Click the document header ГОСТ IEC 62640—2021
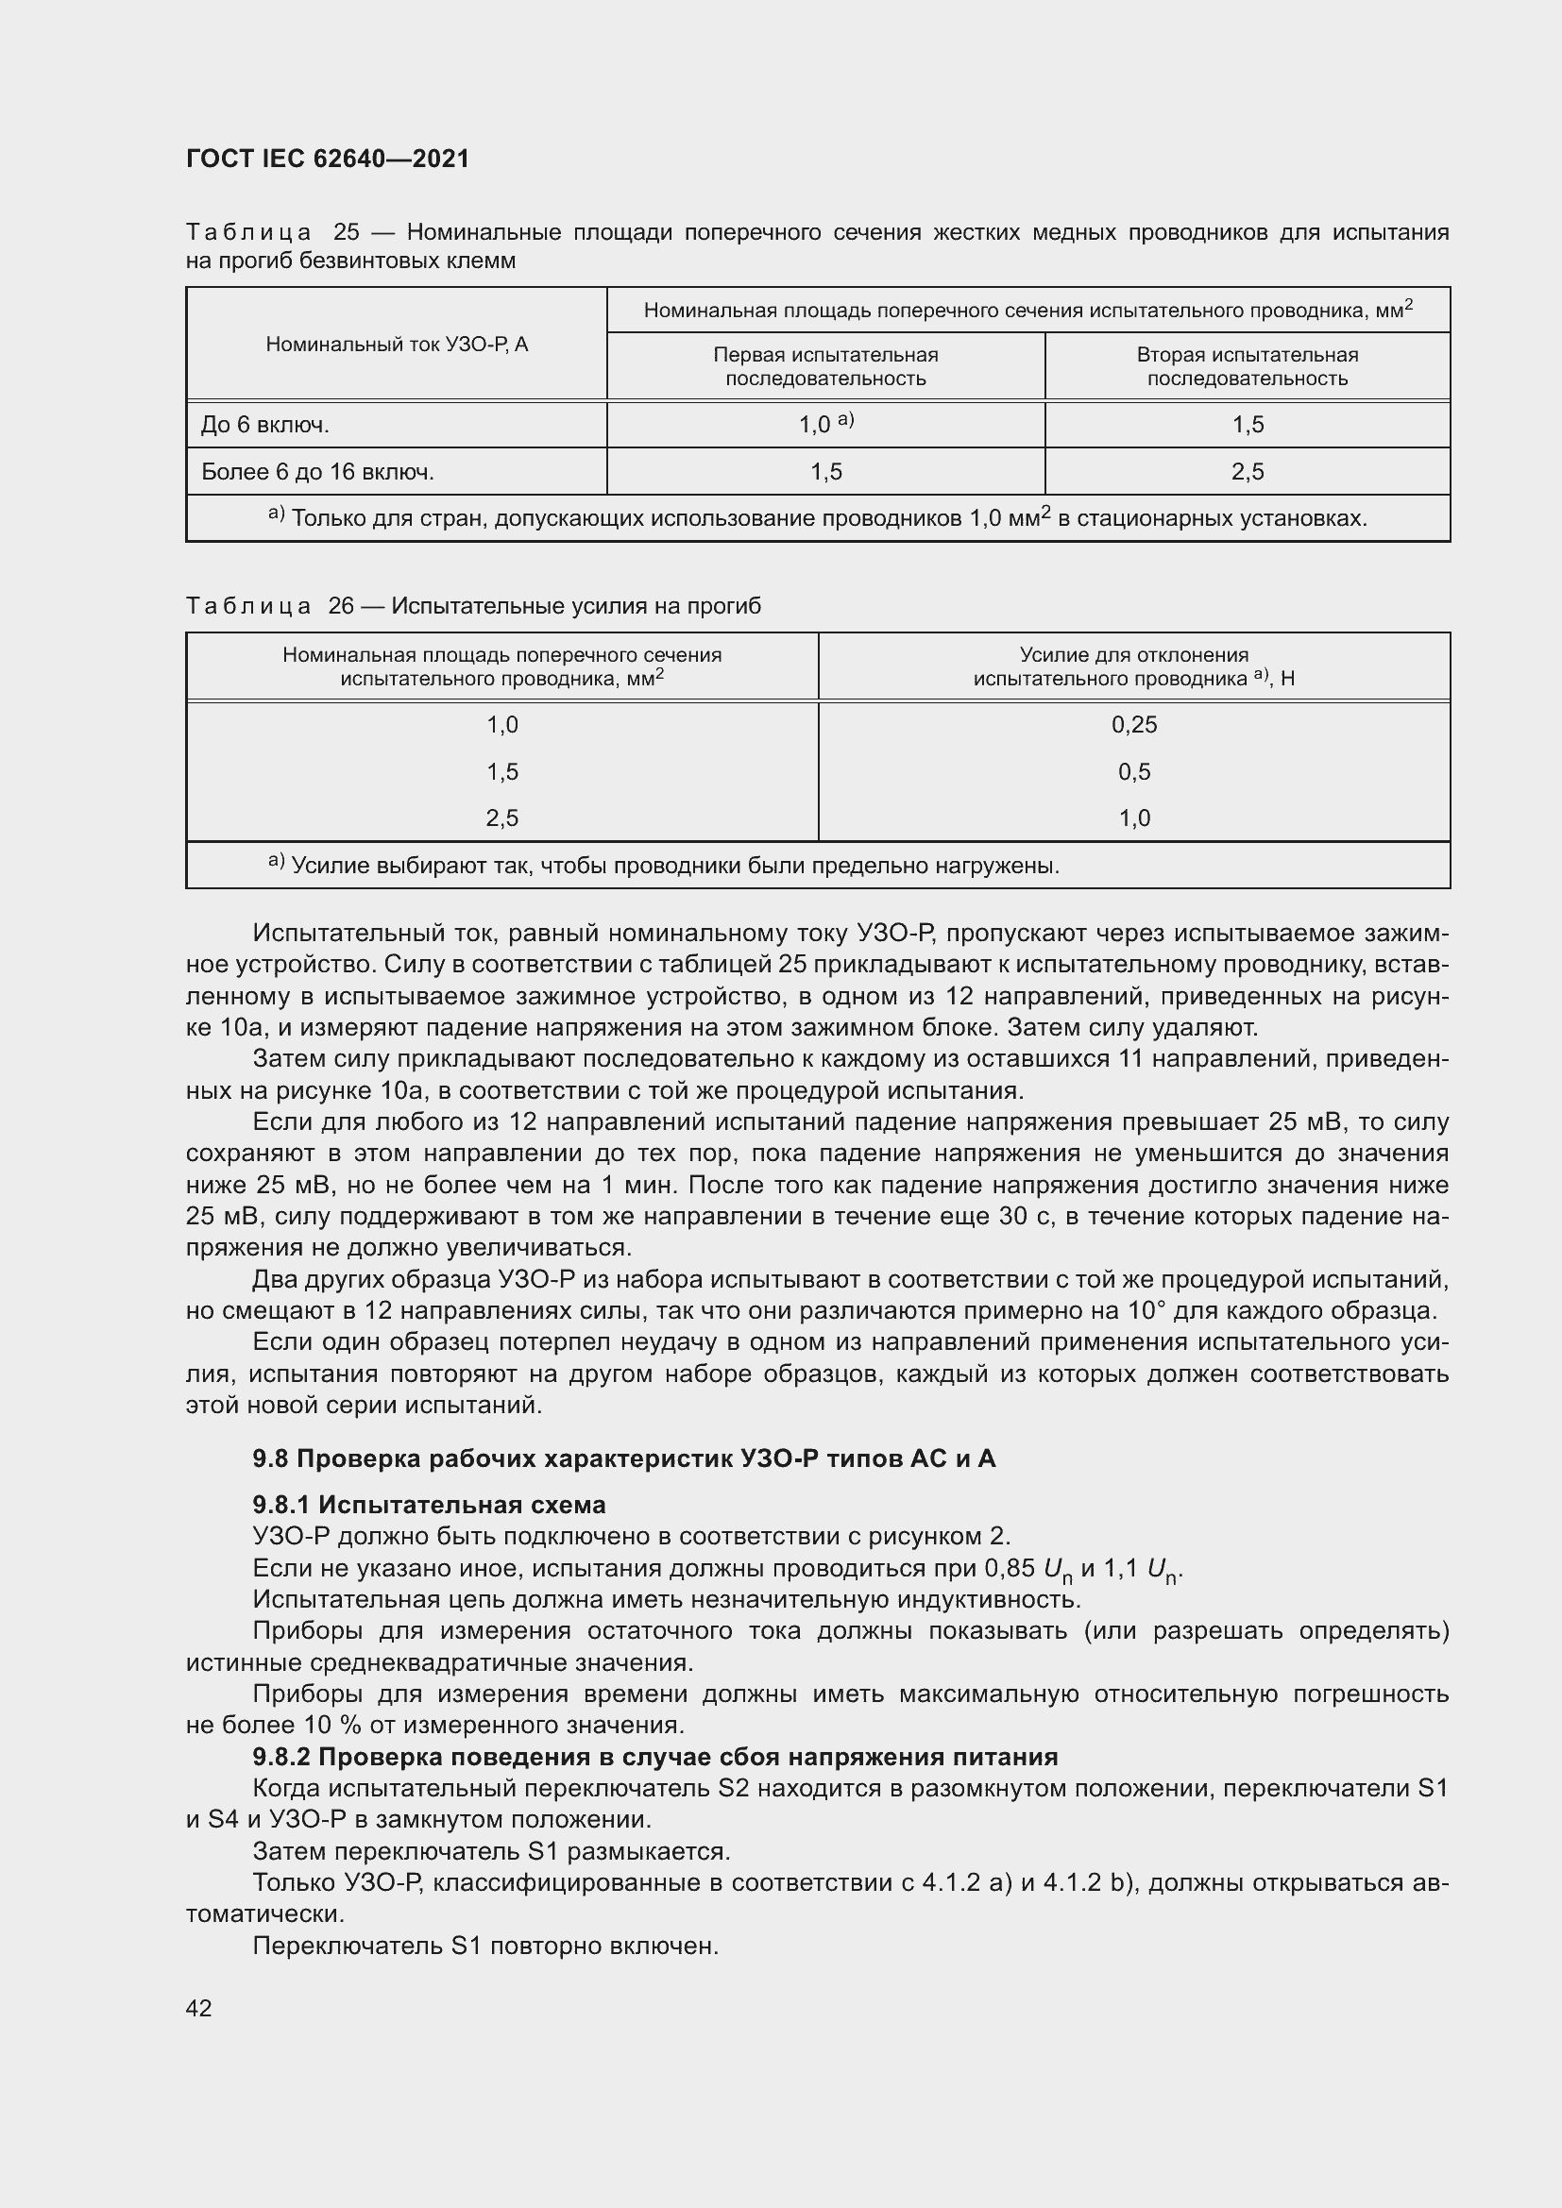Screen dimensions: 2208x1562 327,159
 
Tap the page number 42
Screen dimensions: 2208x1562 198,2008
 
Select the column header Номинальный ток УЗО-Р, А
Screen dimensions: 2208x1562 397,345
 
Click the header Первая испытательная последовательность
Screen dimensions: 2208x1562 825,366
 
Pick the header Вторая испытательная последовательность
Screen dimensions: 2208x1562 1247,366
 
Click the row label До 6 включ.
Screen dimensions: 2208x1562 265,425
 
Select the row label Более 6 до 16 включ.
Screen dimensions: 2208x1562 317,472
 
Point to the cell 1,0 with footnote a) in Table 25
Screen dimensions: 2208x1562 825,424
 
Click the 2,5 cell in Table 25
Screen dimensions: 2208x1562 1248,472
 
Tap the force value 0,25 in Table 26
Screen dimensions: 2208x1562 1134,725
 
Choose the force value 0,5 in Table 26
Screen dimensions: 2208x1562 1134,772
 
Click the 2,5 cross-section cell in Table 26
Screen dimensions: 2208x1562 502,818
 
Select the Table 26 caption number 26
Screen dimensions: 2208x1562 342,606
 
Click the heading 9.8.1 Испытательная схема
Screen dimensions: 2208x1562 429,1505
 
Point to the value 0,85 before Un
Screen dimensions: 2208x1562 1009,1569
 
